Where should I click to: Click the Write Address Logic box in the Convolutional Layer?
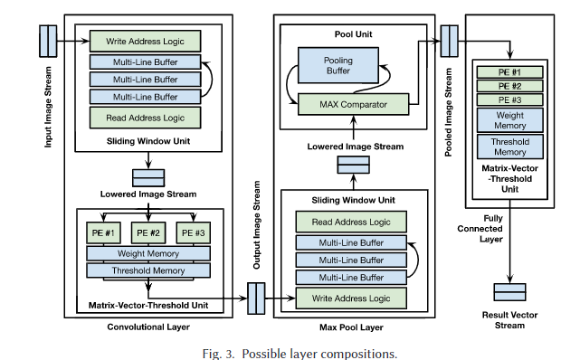pyautogui.click(x=145, y=42)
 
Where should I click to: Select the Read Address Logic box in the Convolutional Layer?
pyautogui.click(x=145, y=118)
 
